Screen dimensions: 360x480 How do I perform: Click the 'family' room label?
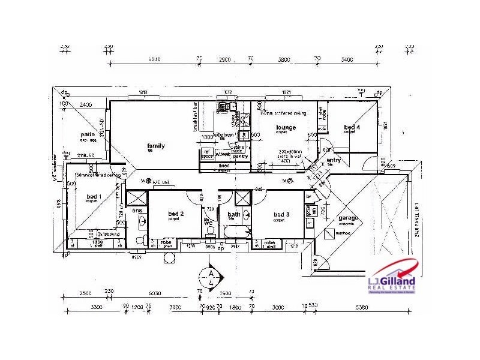[x=156, y=146]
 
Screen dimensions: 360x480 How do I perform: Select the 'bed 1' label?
[x=94, y=196]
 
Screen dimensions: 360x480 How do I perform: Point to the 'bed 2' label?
[x=175, y=214]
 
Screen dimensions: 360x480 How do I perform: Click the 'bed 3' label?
[x=281, y=215]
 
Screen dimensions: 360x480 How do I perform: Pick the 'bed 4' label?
[x=352, y=127]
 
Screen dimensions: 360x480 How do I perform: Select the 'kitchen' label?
[x=224, y=135]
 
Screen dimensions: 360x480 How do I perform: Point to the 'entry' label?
[x=334, y=160]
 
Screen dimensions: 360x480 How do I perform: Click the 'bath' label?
[x=234, y=214]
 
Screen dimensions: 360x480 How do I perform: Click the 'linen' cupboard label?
[x=224, y=165]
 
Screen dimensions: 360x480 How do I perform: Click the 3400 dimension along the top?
[x=346, y=60]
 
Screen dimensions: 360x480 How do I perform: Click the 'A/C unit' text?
[x=161, y=181]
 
